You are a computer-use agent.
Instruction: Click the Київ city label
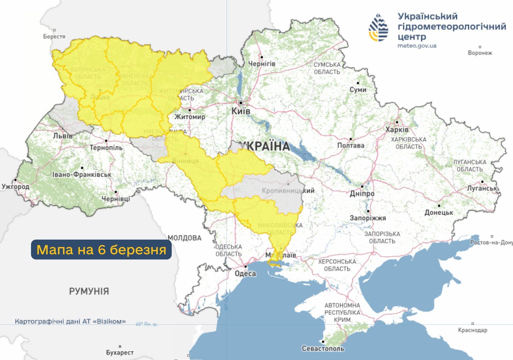coord(241,111)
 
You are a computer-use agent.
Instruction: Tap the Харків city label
coord(397,129)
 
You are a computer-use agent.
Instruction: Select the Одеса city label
coord(245,274)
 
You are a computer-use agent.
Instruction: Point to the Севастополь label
coord(323,349)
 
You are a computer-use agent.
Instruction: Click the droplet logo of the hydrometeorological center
coord(378,27)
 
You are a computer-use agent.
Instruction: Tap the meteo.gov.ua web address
coord(417,46)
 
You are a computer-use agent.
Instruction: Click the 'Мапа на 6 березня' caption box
coord(101,249)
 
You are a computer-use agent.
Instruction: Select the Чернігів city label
coord(262,63)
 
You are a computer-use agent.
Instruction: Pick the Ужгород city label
coord(15,187)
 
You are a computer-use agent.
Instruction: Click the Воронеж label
coord(480,53)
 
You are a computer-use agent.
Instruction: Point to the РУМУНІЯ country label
coord(89,291)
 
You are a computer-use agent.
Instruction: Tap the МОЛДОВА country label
coord(185,238)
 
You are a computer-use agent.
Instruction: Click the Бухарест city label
coord(120,352)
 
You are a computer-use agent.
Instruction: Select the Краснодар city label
coord(472,330)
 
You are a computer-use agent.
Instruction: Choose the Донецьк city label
coord(439,212)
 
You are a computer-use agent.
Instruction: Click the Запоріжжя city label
coord(368,218)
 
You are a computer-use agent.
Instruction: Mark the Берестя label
coord(54,36)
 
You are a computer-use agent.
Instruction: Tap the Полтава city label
coord(351,145)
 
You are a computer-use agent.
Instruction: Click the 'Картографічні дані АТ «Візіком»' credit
coord(70,322)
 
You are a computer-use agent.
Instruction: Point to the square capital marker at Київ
coord(241,103)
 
